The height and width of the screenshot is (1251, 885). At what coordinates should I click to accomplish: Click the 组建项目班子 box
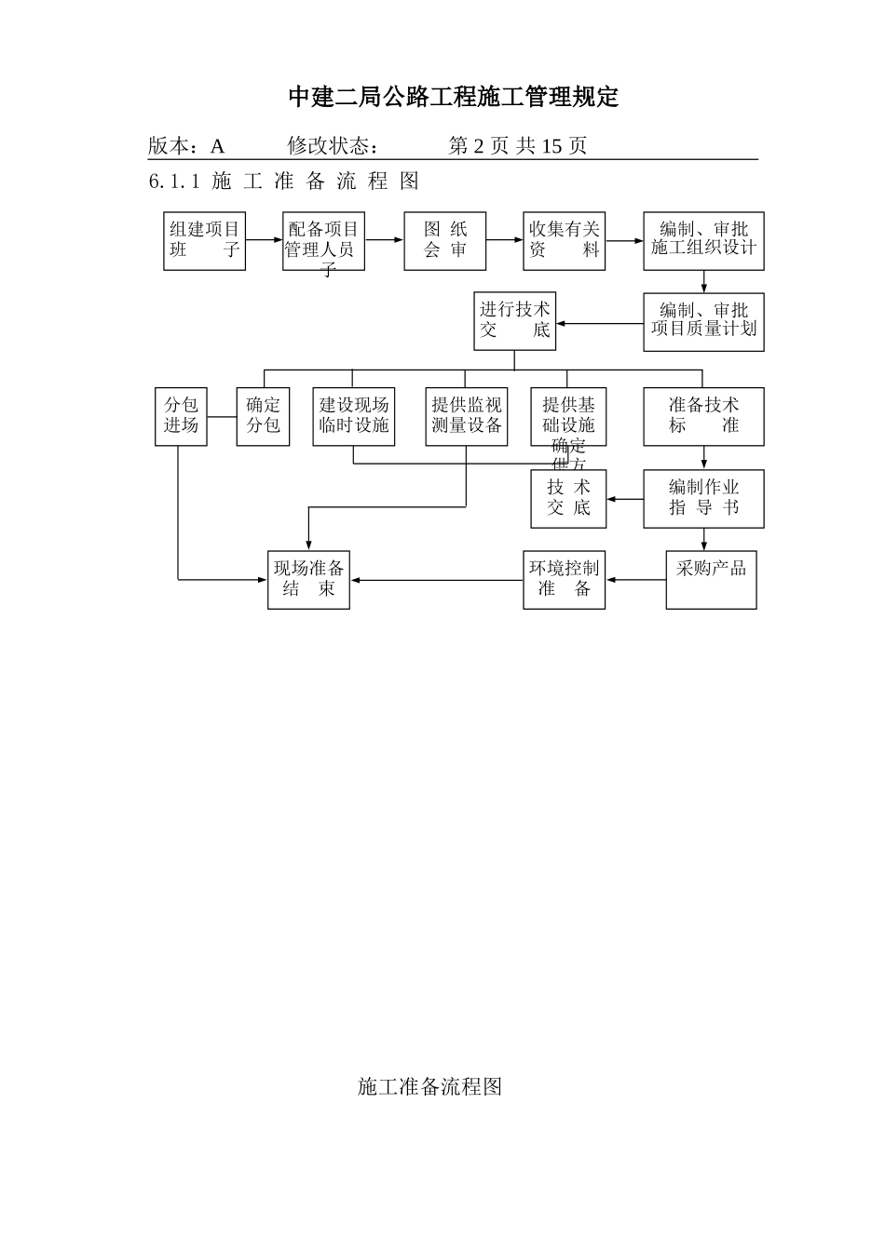tap(204, 241)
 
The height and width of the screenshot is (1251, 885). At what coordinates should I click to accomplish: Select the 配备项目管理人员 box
tap(323, 241)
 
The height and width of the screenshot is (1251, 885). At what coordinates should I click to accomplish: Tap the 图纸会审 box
tap(444, 241)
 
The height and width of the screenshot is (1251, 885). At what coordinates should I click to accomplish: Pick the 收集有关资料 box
tap(564, 241)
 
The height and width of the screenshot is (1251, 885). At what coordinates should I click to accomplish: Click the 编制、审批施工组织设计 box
tap(703, 241)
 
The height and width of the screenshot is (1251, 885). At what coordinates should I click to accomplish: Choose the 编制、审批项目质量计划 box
tap(703, 322)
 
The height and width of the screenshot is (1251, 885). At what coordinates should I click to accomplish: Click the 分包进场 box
tap(181, 416)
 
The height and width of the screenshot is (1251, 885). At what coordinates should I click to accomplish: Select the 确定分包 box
tap(263, 416)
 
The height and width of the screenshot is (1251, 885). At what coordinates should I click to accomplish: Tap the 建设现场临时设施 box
tap(354, 416)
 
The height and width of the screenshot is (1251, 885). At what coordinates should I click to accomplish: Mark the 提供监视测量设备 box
tap(466, 416)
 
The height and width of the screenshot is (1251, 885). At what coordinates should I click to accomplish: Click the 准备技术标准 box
tap(703, 416)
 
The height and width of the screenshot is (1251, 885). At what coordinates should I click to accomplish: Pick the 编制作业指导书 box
tap(703, 498)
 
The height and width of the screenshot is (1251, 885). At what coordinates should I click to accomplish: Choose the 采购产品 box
tap(711, 580)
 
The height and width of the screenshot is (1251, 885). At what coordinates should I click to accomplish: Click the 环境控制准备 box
tap(564, 580)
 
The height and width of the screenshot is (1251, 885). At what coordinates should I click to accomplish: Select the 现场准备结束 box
tap(308, 580)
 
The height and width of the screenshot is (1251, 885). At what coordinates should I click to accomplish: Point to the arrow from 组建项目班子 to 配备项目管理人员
tap(264, 240)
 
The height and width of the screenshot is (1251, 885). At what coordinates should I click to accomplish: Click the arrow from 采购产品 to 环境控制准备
tap(635, 580)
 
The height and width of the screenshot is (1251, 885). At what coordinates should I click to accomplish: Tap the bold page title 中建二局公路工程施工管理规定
tap(453, 97)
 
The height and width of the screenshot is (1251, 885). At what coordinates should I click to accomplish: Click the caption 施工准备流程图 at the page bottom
tap(429, 1086)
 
